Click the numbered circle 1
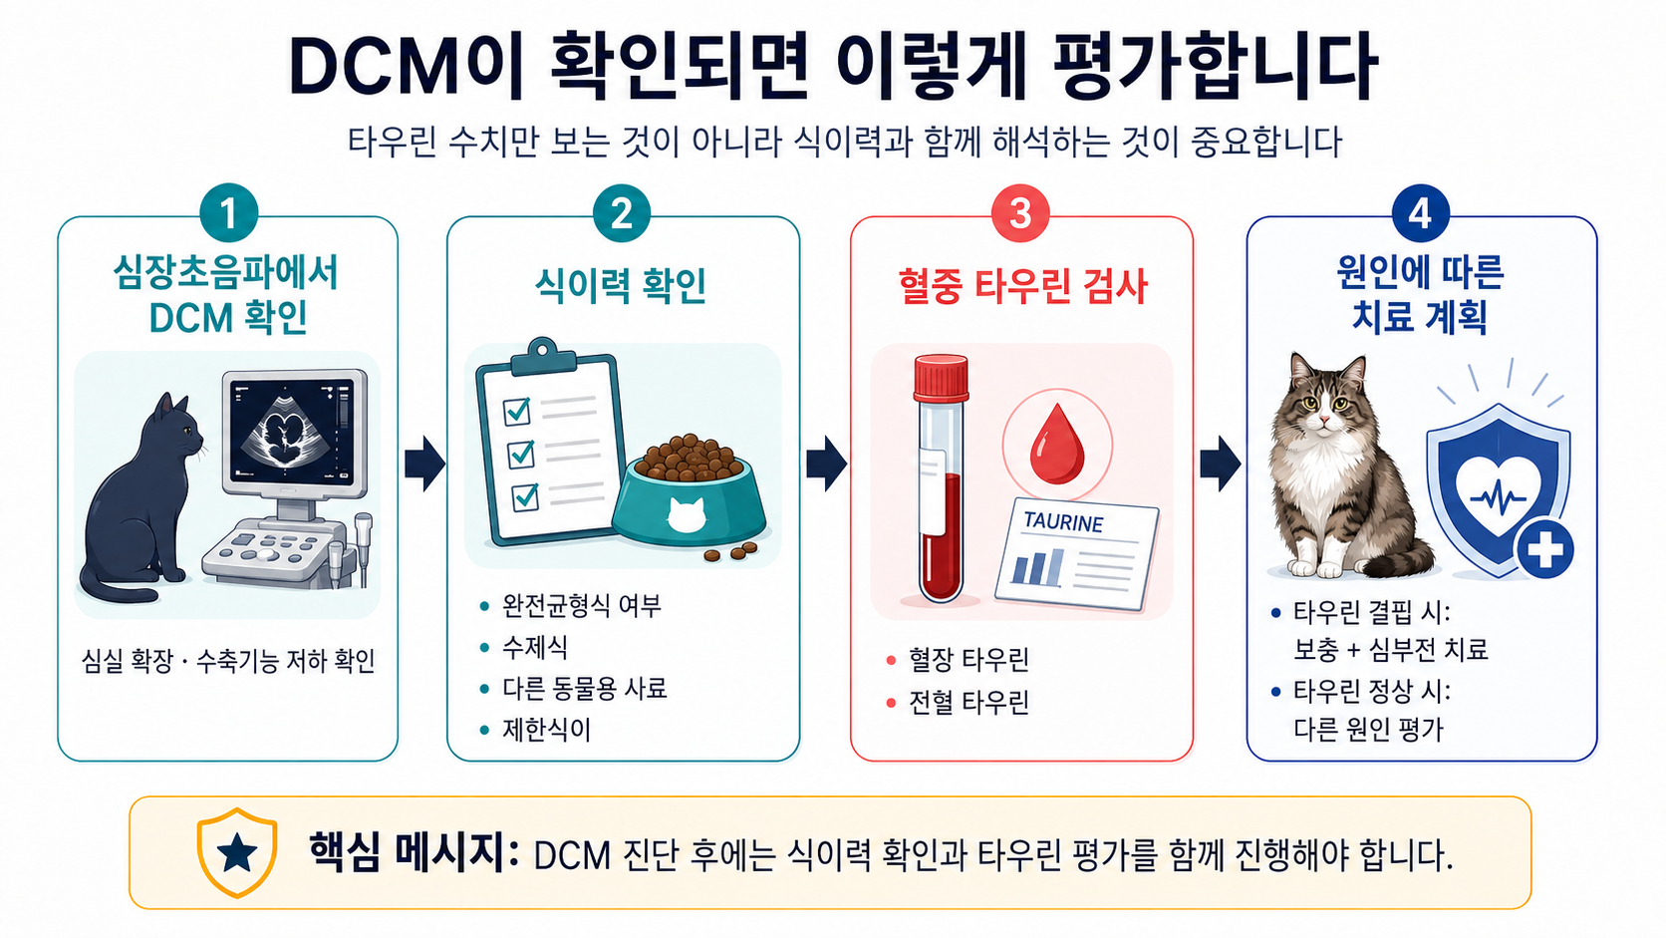point(228,212)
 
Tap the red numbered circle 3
point(1020,212)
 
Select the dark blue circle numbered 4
point(1420,213)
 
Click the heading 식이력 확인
point(621,286)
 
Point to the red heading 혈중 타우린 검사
point(1022,287)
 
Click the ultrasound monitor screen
point(291,431)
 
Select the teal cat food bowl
point(689,499)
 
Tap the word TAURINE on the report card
point(1063,522)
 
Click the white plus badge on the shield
point(1544,549)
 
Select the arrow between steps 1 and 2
point(424,464)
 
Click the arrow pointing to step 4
point(1220,464)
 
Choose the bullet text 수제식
point(535,646)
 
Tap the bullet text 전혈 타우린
point(969,702)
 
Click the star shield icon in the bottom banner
point(237,852)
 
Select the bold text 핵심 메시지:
point(414,853)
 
